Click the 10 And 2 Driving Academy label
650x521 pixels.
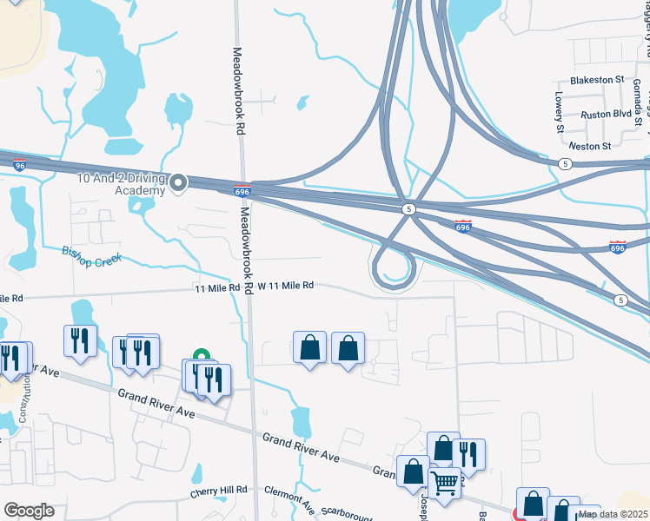tap(120, 184)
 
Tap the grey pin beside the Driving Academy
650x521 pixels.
tap(178, 182)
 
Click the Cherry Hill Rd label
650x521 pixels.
tap(219, 492)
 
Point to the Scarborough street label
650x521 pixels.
tap(346, 514)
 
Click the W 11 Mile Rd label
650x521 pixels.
tap(284, 286)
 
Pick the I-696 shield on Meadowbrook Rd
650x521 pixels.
tap(242, 190)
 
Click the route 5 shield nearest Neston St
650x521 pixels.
tap(565, 163)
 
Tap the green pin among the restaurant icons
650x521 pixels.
tap(201, 355)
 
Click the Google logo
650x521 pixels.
tap(29, 511)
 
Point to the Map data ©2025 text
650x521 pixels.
tap(614, 514)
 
